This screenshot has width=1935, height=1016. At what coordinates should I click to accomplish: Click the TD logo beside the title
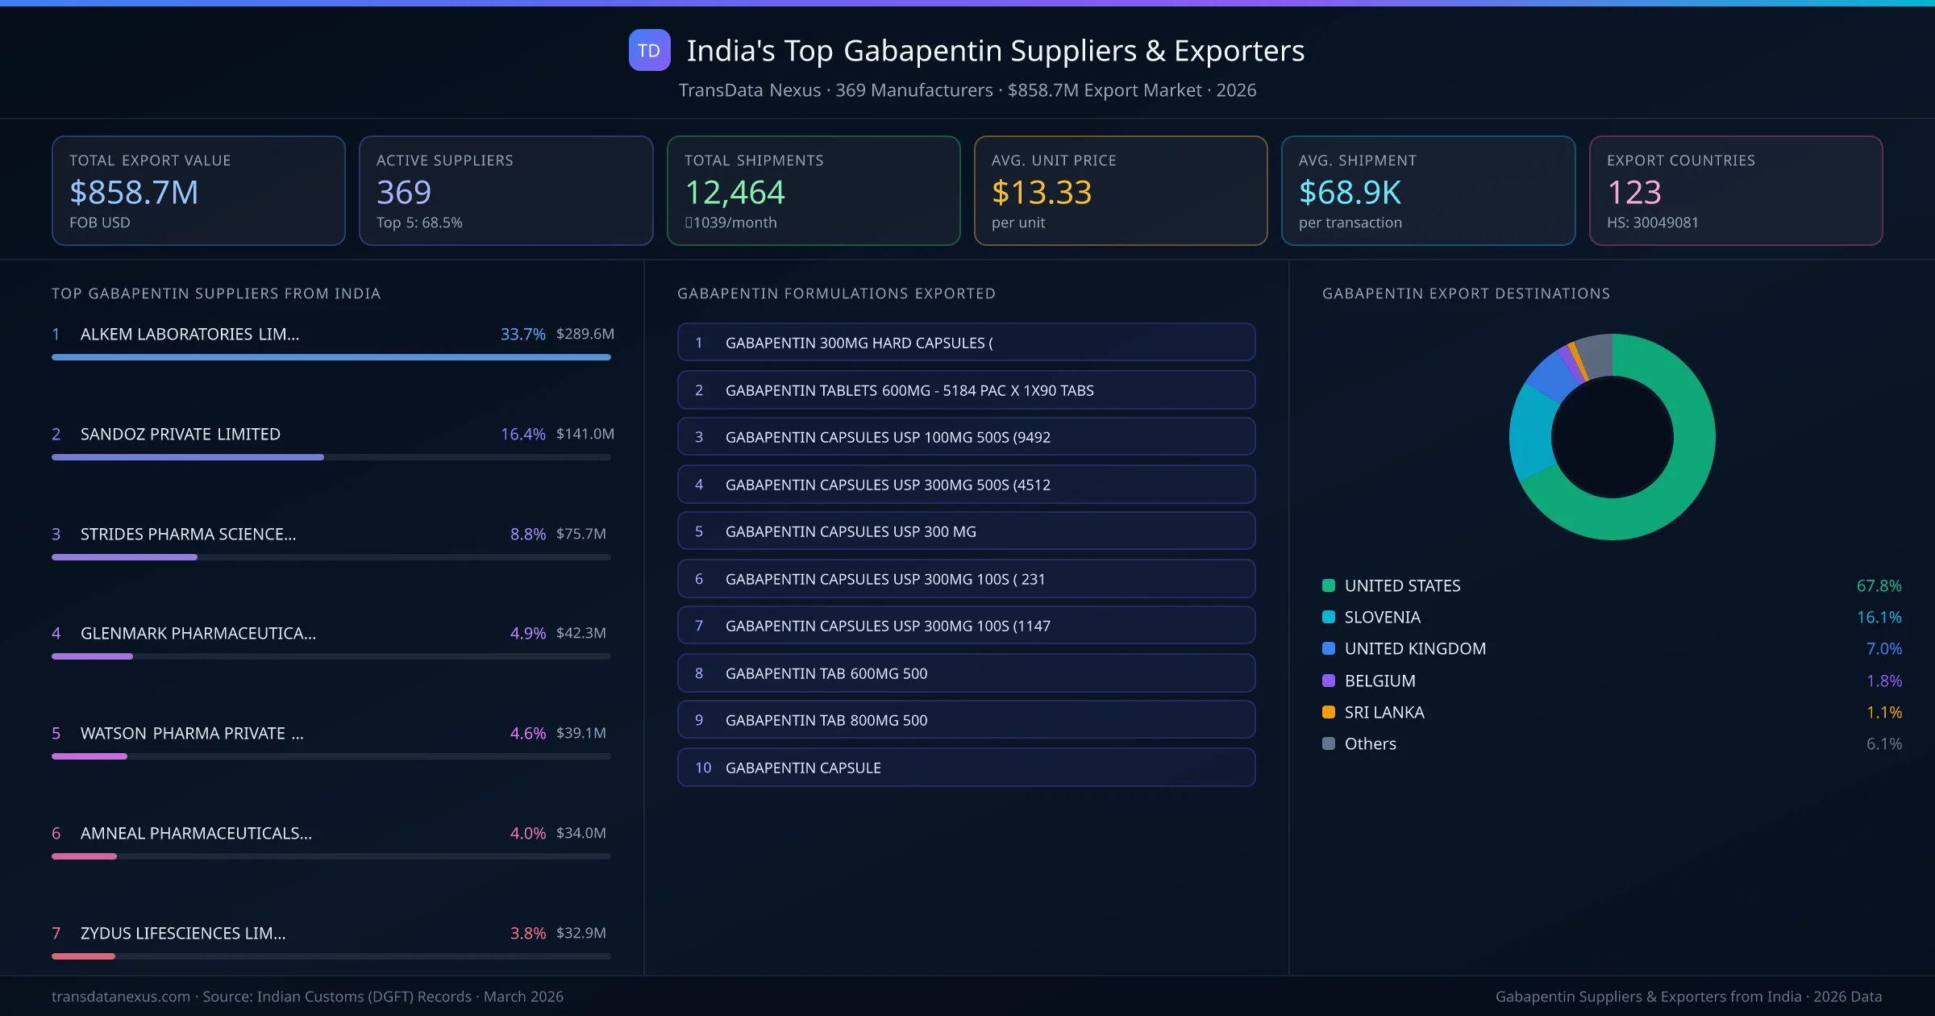pyautogui.click(x=649, y=51)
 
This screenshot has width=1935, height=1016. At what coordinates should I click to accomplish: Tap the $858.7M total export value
pyautogui.click(x=134, y=193)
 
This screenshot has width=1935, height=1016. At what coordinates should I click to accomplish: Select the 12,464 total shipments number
pyautogui.click(x=734, y=193)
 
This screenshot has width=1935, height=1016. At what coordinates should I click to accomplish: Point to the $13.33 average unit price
pyautogui.click(x=1041, y=193)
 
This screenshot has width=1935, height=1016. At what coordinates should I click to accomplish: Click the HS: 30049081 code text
pyautogui.click(x=1652, y=223)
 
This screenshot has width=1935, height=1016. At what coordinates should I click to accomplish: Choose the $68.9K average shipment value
pyautogui.click(x=1350, y=193)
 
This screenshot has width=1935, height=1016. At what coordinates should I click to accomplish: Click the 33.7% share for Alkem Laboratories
pyautogui.click(x=522, y=334)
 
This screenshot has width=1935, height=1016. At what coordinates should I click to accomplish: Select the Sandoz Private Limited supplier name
pyautogui.click(x=181, y=434)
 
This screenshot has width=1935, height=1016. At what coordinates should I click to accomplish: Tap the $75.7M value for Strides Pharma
pyautogui.click(x=580, y=534)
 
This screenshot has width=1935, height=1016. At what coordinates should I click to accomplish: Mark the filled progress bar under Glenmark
pyautogui.click(x=92, y=656)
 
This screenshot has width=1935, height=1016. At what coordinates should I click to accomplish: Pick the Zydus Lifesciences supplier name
pyautogui.click(x=183, y=933)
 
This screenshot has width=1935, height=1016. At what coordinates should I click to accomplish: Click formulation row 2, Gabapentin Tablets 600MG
pyautogui.click(x=966, y=390)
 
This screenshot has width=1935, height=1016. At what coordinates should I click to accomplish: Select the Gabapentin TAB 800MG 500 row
pyautogui.click(x=966, y=720)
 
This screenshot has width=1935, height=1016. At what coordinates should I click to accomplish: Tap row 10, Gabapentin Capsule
pyautogui.click(x=966, y=768)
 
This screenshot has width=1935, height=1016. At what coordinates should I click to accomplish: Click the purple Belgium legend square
pyautogui.click(x=1329, y=681)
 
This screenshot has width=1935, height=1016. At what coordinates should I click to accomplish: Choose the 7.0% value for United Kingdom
pyautogui.click(x=1883, y=649)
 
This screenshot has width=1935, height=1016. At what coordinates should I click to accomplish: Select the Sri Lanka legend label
pyautogui.click(x=1384, y=713)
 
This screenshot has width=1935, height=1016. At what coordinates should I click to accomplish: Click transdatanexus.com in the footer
pyautogui.click(x=121, y=997)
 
